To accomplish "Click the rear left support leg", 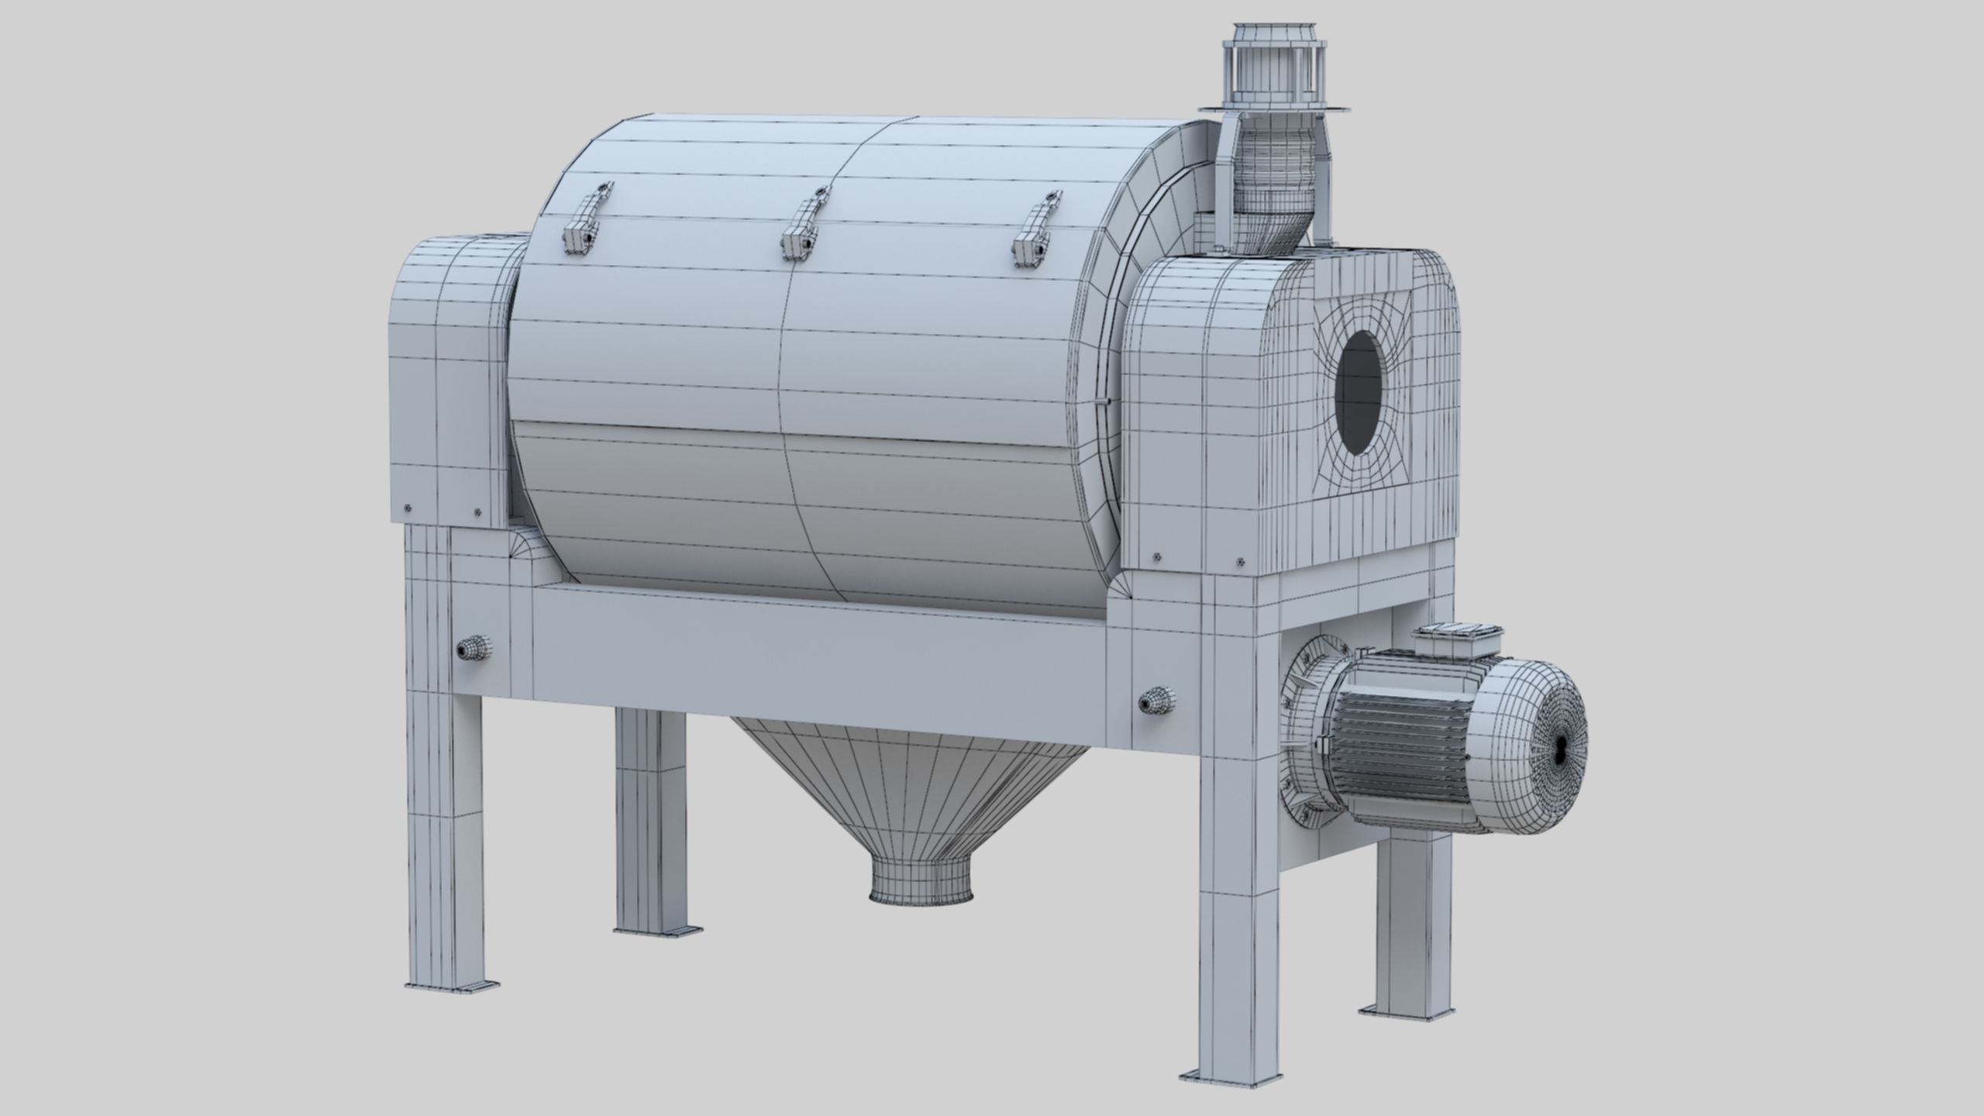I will pyautogui.click(x=650, y=821).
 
